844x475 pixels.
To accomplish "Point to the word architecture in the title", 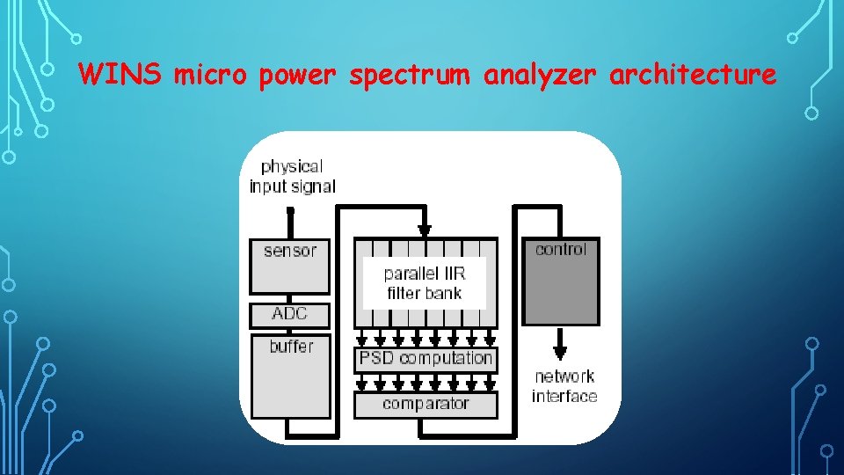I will coord(693,76).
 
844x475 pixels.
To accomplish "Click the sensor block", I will coord(289,266).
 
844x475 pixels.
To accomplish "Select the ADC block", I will coord(289,314).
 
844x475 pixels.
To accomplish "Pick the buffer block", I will coord(290,376).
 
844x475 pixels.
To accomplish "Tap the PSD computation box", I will coord(426,358).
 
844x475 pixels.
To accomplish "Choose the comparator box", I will coord(426,405).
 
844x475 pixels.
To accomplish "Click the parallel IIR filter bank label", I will coord(424,283).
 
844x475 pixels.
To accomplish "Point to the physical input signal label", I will coord(292,176).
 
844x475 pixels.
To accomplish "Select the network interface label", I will coord(564,386).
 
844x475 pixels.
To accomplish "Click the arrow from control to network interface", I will coord(560,344).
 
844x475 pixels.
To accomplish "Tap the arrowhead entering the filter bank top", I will coord(425,231).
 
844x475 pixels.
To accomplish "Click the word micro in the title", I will coord(211,76).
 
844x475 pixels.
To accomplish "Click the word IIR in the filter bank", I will coord(449,274).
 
